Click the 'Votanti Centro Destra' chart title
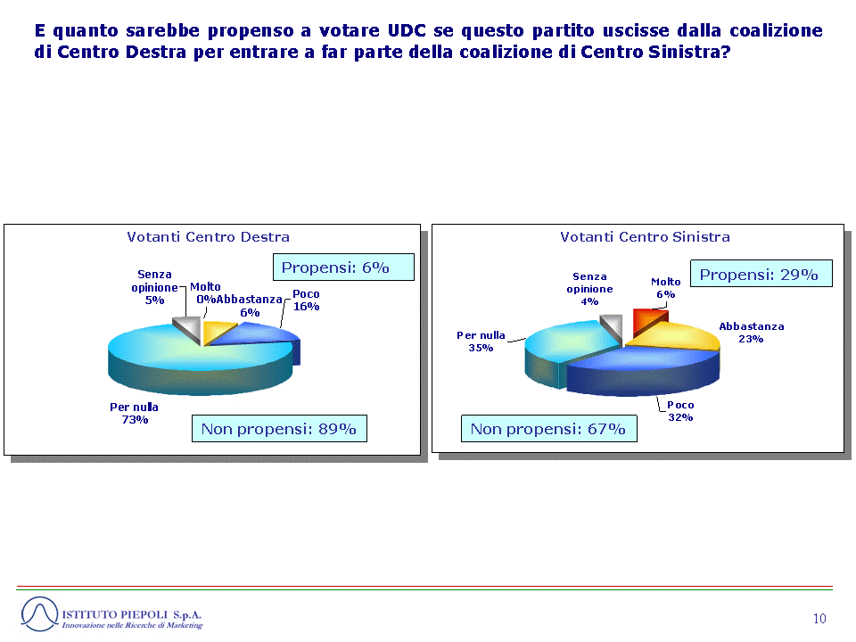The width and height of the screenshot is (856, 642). click(208, 237)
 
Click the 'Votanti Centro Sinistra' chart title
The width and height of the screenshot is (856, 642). click(645, 237)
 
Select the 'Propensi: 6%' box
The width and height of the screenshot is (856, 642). click(343, 267)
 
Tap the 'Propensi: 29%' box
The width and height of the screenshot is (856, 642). click(761, 274)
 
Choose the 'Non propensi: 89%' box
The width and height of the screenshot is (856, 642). click(279, 429)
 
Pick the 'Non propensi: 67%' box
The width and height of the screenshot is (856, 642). click(548, 429)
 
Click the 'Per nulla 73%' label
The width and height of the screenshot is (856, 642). click(135, 413)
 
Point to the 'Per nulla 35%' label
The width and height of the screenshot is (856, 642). click(481, 342)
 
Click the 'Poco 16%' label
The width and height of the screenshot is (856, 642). click(306, 300)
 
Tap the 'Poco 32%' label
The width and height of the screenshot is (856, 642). click(680, 411)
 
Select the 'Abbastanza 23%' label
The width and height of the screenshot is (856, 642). click(751, 333)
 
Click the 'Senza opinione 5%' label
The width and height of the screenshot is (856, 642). click(154, 287)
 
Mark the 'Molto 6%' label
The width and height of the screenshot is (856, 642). click(665, 288)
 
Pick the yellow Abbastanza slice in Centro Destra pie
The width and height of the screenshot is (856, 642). click(215, 331)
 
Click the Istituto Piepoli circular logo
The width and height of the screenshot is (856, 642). click(39, 614)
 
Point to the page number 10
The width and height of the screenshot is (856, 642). click(819, 619)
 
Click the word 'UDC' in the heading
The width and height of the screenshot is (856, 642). click(407, 30)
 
